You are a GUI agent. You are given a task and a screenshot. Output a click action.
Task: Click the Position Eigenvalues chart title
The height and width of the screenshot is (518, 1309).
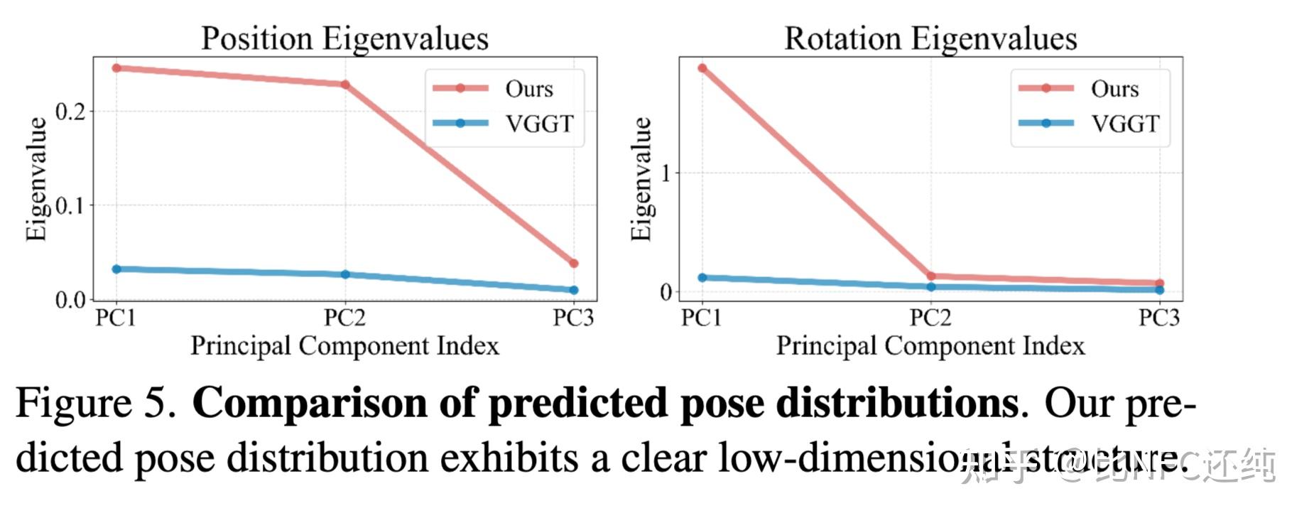coord(344,38)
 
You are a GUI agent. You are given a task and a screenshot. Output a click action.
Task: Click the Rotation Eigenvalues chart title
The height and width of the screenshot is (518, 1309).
coord(930,38)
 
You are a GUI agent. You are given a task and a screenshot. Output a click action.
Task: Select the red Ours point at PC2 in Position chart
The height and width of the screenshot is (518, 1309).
coord(345,85)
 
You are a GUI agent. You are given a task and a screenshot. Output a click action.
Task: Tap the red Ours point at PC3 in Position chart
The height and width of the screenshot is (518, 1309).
coord(574,264)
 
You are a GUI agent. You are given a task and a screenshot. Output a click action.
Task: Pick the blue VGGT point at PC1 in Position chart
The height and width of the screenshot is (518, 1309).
coord(116,269)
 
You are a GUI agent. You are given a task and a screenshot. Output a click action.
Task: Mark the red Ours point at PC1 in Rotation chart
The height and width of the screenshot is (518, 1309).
coord(702,68)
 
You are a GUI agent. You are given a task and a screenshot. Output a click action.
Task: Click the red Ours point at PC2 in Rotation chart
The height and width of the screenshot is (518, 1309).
coord(931,276)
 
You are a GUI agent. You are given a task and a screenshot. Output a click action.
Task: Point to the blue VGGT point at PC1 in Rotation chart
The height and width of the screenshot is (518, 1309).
coord(702,278)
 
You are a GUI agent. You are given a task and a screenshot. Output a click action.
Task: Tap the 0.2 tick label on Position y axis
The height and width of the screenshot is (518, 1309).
coord(70,112)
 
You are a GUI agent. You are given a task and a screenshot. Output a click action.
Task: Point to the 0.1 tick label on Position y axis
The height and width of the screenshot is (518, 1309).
coord(70,206)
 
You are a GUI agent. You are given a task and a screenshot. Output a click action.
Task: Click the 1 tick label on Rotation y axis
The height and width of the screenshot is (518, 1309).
coord(666,173)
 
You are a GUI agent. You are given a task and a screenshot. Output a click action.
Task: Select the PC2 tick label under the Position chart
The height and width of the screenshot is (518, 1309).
coord(345,318)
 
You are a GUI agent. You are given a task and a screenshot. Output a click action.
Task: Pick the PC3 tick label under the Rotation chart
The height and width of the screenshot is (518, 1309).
coord(1159,318)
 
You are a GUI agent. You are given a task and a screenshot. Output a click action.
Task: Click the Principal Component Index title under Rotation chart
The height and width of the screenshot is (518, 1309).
coord(930,346)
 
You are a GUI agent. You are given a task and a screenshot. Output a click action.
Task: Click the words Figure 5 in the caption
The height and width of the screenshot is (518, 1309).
coord(95,404)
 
